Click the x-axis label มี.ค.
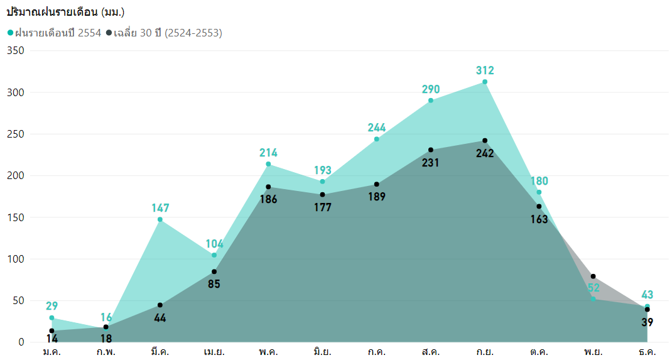[x=160, y=352]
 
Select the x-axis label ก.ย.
[x=485, y=352]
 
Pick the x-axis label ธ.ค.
[x=647, y=352]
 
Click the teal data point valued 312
[x=485, y=82]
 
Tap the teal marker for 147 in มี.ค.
[x=160, y=219]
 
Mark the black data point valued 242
[x=485, y=140]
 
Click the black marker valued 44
[x=160, y=305]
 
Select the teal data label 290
[x=431, y=89]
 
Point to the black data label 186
[x=268, y=199]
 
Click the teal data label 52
[x=593, y=288]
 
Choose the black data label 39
[x=647, y=322]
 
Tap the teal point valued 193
[x=322, y=182]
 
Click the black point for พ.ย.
[x=593, y=276]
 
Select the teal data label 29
[x=51, y=306]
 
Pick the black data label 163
[x=539, y=219]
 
